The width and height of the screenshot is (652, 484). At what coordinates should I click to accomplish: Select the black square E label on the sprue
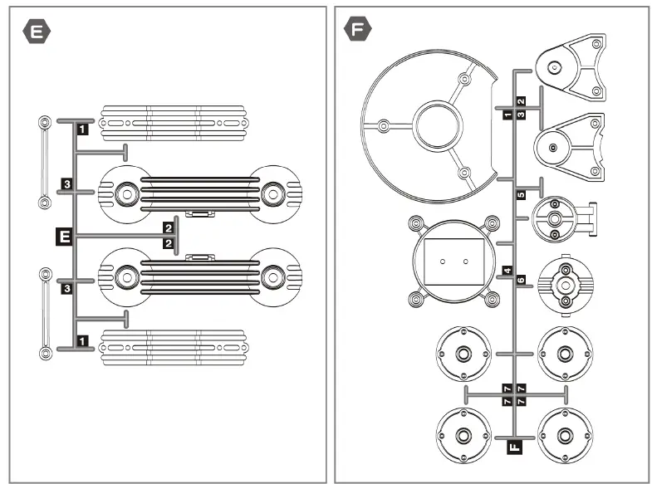61,237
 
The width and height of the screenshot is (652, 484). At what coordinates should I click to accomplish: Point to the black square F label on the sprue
513,447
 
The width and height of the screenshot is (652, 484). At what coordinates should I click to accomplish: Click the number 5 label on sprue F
520,195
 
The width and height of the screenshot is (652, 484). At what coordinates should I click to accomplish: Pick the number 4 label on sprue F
507,271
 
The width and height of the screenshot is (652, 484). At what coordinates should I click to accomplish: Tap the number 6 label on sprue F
521,281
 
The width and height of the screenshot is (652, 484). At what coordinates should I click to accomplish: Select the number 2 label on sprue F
520,101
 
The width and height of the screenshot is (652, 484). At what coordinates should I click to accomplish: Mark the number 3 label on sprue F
520,115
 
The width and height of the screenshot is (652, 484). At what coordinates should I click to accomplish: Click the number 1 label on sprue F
507,115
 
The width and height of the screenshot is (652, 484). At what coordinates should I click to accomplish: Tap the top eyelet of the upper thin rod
43,123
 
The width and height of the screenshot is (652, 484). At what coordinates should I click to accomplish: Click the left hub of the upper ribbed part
126,193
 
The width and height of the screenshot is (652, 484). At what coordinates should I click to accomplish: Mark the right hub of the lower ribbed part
272,275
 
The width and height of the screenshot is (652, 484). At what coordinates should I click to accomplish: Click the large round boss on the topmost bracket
555,69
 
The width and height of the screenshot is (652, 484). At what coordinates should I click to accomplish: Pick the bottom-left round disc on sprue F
463,435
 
